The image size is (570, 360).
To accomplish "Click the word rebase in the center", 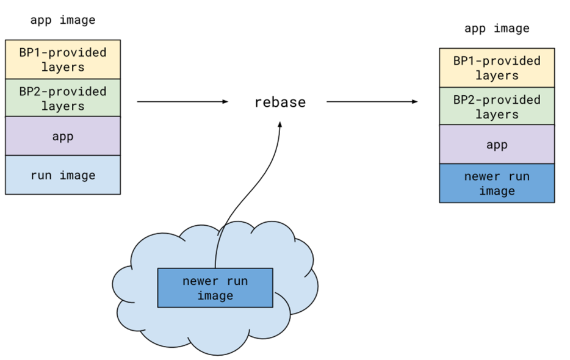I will point(280,102).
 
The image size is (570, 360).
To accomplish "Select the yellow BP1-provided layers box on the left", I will point(63,59).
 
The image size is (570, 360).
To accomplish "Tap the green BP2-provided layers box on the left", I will point(63,98).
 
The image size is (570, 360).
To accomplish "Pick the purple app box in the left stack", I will point(63,136).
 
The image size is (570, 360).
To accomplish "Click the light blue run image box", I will point(63,175).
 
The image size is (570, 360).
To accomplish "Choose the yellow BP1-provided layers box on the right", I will point(497,68).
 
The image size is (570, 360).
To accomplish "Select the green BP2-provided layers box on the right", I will point(497,106).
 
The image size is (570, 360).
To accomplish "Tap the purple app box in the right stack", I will point(497,145).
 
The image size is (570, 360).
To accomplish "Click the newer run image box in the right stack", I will point(497,183).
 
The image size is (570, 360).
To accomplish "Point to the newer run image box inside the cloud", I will point(215,288).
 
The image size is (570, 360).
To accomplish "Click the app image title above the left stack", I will point(63,20).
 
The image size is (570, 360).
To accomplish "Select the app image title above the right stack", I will point(497,28).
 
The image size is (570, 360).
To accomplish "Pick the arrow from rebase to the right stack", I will point(372,102).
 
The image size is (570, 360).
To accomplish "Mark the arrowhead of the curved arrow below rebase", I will point(280,124).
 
